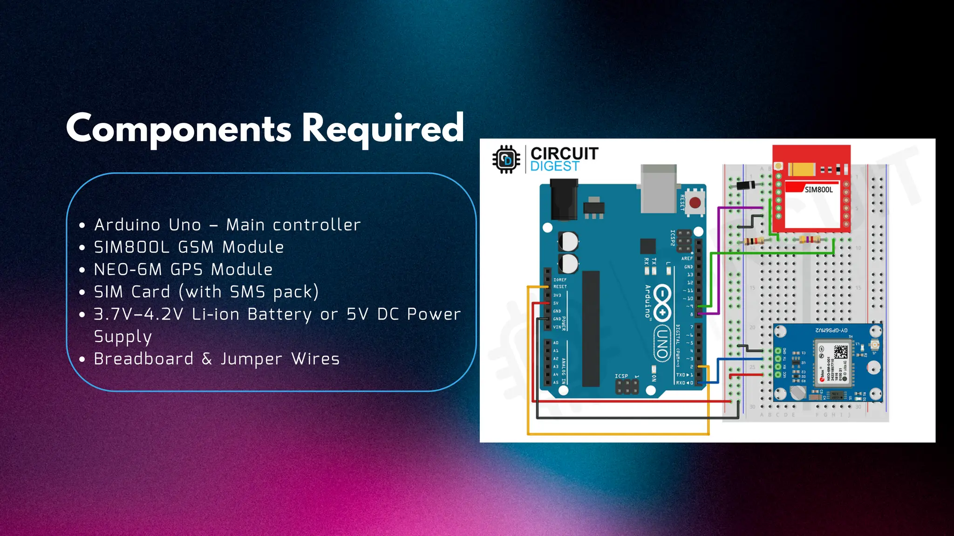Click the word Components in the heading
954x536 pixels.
179,128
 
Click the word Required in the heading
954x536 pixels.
383,128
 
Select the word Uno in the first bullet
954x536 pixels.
185,225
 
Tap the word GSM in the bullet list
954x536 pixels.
195,248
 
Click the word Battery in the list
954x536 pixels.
279,315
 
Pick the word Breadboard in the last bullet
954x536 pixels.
143,359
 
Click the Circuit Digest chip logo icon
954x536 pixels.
506,160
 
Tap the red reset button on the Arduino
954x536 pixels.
695,203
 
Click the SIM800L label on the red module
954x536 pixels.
818,190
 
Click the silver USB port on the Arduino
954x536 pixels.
659,188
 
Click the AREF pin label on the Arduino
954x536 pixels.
687,259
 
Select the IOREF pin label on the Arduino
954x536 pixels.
559,280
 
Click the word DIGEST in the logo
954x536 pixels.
554,167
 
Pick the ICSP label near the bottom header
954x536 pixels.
621,376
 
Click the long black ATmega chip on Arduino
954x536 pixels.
591,328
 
